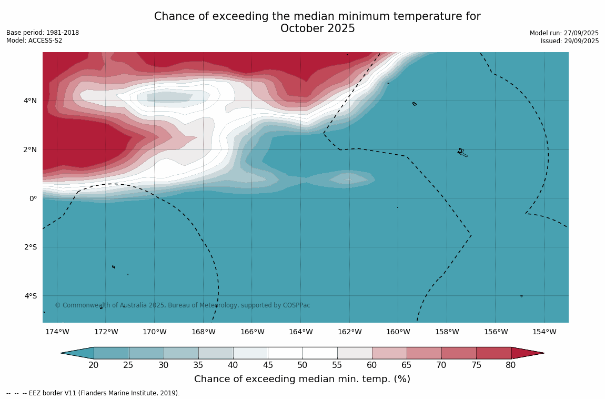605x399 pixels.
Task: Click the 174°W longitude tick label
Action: [57, 332]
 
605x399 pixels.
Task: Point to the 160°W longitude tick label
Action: [398, 332]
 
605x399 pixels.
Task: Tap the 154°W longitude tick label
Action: [544, 332]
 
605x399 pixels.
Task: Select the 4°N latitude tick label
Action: [30, 101]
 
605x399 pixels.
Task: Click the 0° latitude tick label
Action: [33, 198]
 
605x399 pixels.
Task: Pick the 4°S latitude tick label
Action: [31, 296]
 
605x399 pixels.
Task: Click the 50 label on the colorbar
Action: [302, 365]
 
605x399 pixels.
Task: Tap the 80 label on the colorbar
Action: [510, 365]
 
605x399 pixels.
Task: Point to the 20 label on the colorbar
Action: [94, 365]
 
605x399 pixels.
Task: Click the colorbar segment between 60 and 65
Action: [389, 353]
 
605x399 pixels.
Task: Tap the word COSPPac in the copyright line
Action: [296, 305]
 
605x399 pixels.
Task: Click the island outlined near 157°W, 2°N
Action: [461, 152]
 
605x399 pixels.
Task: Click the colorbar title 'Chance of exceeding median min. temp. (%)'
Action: [302, 379]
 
